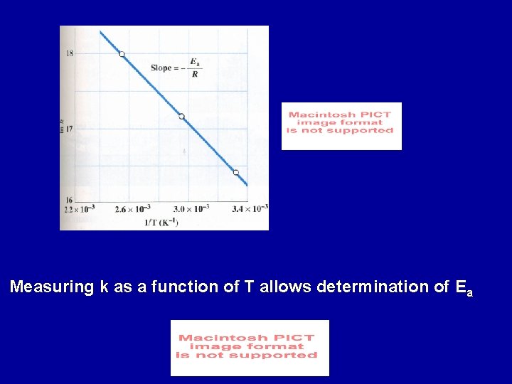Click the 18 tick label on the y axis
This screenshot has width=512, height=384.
[x=69, y=53]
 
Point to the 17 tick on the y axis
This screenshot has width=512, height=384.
[x=69, y=131]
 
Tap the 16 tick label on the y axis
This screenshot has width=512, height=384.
[x=69, y=200]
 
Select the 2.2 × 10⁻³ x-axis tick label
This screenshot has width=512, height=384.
[x=79, y=209]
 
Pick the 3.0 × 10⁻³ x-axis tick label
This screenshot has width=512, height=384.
[x=192, y=209]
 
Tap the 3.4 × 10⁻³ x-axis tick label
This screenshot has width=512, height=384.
[x=250, y=209]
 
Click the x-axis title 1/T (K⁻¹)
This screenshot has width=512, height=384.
[x=161, y=222]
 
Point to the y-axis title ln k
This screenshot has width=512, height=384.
[x=63, y=126]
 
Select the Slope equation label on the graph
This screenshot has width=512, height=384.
[x=174, y=68]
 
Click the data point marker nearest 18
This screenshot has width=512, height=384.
[x=122, y=54]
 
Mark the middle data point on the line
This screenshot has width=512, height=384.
[x=181, y=116]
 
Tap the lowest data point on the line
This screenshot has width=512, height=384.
[x=236, y=172]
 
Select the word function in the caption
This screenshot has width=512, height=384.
[x=182, y=287]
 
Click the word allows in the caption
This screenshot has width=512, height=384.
[x=286, y=287]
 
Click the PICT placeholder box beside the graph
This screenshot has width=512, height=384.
[x=341, y=126]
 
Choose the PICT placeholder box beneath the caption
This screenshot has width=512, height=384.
[x=250, y=348]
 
